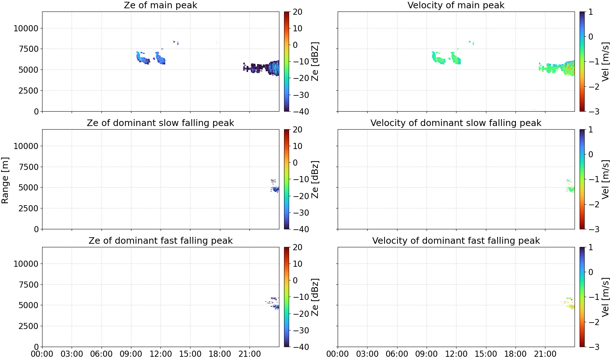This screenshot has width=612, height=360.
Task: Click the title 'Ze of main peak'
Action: [x=161, y=5]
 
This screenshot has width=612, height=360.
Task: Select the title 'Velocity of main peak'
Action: [x=456, y=5]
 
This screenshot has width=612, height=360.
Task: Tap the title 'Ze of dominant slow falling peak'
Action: [x=161, y=123]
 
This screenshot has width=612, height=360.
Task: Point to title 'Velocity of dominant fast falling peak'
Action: [x=456, y=240]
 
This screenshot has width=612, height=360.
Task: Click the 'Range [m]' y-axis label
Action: [x=5, y=180]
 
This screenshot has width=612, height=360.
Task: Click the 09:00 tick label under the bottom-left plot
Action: [x=131, y=354]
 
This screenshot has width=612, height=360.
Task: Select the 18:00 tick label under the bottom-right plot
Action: [x=515, y=354]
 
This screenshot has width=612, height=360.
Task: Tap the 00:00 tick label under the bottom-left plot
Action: [x=42, y=354]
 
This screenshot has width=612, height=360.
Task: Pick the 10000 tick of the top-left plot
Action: [x=26, y=28]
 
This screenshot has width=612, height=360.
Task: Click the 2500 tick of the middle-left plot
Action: [x=29, y=208]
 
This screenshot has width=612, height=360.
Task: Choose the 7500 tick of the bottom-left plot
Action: [x=29, y=285]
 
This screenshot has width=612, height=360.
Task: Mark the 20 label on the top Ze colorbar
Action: [x=297, y=12]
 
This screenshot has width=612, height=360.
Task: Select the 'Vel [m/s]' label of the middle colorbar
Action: [x=605, y=179]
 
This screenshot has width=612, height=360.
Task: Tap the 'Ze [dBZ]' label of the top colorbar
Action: [x=315, y=62]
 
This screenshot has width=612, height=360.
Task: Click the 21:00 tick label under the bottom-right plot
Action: [x=545, y=354]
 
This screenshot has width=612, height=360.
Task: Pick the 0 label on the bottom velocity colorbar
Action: [x=591, y=272]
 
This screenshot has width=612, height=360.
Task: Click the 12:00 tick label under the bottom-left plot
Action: [x=161, y=354]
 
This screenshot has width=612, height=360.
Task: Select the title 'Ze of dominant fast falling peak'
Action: [x=161, y=240]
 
